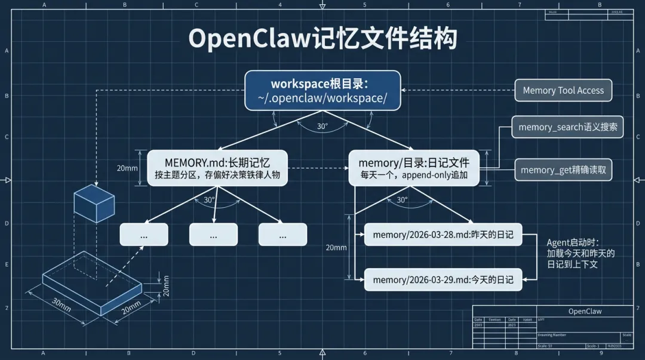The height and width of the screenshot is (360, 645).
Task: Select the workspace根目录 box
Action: [x=322, y=90]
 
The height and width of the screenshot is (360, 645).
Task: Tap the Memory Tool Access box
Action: [x=563, y=90]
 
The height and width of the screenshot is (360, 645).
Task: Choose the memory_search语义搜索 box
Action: [x=567, y=127]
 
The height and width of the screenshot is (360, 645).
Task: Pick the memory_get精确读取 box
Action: [x=563, y=170]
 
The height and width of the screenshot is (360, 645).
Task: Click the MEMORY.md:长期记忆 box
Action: [x=217, y=168]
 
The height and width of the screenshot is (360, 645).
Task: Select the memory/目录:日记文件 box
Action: [x=414, y=168]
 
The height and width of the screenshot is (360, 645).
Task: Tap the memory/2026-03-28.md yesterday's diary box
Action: [x=443, y=235]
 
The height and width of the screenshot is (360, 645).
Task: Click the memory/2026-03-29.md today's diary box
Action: [x=443, y=279]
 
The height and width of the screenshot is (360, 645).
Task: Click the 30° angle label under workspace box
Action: [x=322, y=127]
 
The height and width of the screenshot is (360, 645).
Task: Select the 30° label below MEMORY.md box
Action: [x=209, y=200]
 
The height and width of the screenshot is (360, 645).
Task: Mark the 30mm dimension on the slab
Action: [x=61, y=304]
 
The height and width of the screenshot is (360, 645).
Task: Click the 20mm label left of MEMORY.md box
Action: [x=127, y=168]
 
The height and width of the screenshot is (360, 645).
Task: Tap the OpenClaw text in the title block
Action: [x=585, y=311]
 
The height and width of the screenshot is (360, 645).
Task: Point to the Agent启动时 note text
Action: [x=580, y=253]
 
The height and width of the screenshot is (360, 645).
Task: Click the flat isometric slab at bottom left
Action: [x=93, y=285]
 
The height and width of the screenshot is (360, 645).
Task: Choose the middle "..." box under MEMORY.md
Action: [x=213, y=235]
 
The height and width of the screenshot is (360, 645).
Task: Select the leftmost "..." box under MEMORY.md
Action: [x=144, y=235]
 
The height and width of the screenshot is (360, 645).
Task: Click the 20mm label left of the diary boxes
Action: [x=336, y=247]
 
